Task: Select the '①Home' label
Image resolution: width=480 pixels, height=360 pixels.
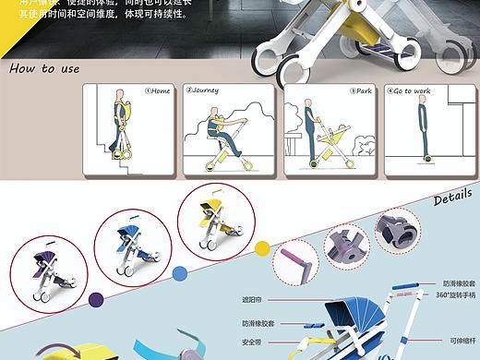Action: click(159, 90)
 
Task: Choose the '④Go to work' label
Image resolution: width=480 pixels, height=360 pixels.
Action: click(412, 90)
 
